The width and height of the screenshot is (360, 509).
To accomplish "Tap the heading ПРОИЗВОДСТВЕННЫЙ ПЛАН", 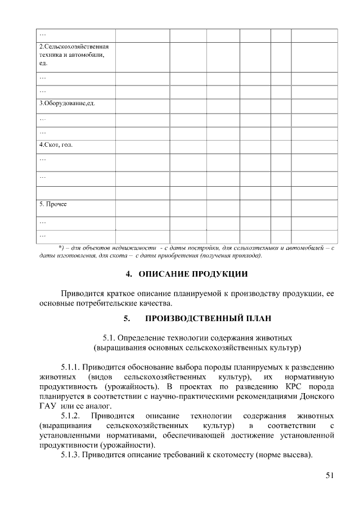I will [208, 318].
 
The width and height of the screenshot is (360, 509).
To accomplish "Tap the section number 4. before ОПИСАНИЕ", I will [128, 274].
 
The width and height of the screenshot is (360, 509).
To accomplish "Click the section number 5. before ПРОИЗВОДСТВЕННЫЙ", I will [128, 318].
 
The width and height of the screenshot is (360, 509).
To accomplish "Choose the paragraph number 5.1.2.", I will [71, 416].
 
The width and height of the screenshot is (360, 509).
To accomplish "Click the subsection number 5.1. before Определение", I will [109, 338].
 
